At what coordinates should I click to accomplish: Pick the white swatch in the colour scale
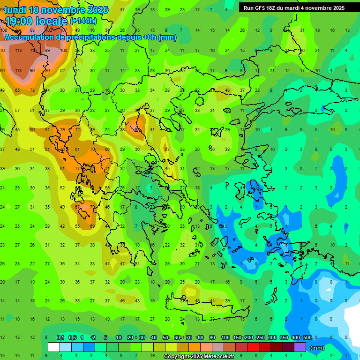click(x=54, y=347)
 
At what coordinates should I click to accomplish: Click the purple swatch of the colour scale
click(x=300, y=347)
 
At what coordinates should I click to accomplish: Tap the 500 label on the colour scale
click(x=307, y=337)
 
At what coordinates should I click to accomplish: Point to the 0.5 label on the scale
click(x=73, y=337)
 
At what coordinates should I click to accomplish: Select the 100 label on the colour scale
click(x=225, y=337)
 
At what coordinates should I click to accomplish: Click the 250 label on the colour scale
click(x=260, y=337)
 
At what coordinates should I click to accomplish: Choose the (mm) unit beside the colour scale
click(x=317, y=348)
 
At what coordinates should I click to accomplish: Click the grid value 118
click(x=18, y=71)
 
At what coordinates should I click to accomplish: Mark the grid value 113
click(x=18, y=51)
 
